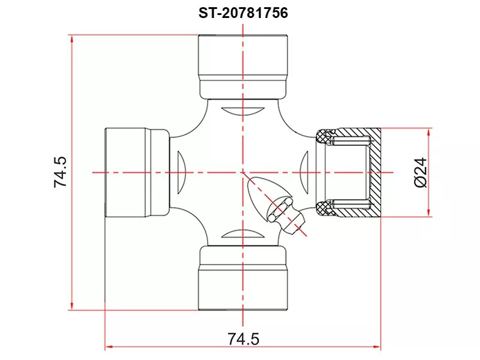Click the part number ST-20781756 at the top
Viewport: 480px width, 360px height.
(x=244, y=13)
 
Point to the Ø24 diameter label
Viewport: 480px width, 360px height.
(x=420, y=172)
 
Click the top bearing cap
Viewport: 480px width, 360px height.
(x=243, y=66)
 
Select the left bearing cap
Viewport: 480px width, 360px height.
(x=137, y=172)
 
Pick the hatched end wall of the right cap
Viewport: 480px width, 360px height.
(x=375, y=172)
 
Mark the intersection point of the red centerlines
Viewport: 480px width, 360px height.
(x=243, y=172)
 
